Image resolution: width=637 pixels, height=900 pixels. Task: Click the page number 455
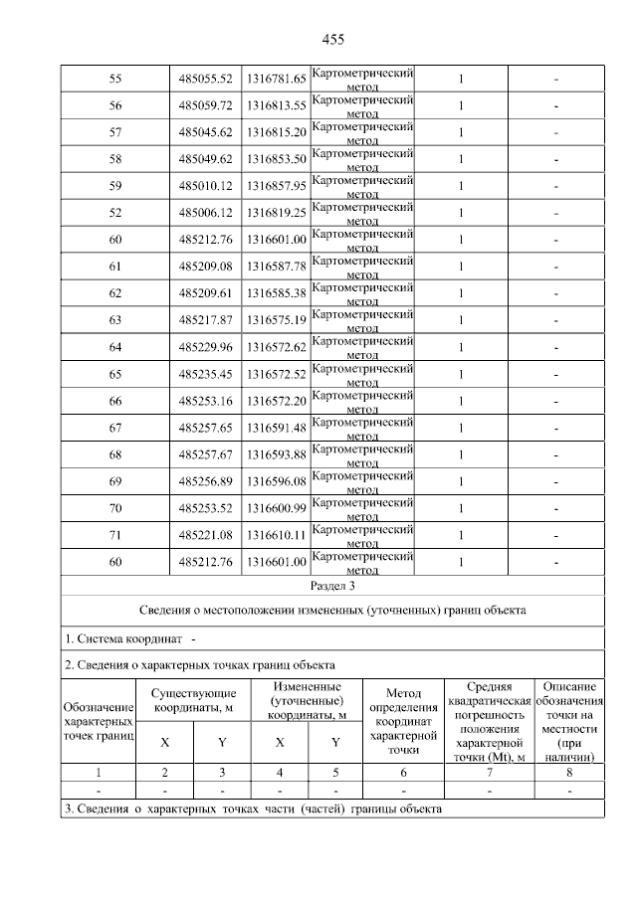pos(332,40)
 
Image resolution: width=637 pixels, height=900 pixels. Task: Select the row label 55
pos(114,79)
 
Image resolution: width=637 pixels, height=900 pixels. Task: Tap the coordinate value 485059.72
pos(205,105)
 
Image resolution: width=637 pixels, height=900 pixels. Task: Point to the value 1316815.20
pos(276,132)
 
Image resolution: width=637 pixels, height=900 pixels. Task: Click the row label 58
pos(114,159)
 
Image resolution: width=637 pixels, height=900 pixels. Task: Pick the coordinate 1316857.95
pos(276,186)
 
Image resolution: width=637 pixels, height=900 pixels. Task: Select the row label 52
pos(114,213)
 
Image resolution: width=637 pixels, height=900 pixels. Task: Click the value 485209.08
pos(205,267)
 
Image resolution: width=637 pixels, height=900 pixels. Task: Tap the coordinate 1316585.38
pos(276,293)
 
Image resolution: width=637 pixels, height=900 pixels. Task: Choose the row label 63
pos(114,320)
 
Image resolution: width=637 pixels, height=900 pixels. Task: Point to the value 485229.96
pos(205,347)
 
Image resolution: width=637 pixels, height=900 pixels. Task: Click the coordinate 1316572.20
pos(276,401)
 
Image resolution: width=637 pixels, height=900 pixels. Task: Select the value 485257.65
pos(205,428)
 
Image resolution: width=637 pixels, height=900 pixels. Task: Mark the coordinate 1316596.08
pos(276,481)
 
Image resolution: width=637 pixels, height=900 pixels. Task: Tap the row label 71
pos(114,535)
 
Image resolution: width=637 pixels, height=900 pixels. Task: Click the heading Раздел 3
pos(332,586)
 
